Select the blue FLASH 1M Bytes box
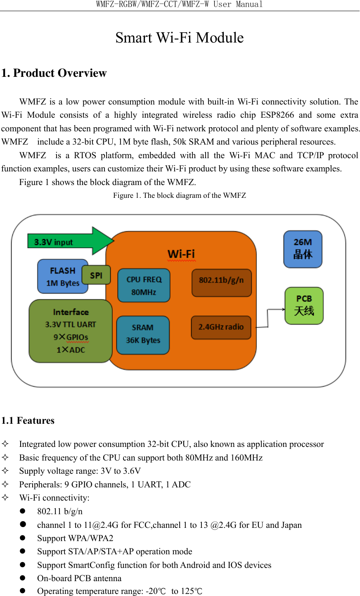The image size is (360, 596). (62, 277)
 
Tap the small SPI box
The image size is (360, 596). (96, 275)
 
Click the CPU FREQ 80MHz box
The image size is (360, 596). (144, 285)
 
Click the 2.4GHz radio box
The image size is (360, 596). (221, 327)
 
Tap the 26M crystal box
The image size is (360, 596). (303, 249)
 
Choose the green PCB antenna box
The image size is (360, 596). (304, 306)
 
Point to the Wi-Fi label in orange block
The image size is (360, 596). (181, 254)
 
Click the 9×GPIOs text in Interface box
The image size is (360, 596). (71, 337)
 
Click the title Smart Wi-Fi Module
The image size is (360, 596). (180, 38)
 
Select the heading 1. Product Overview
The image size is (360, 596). (54, 73)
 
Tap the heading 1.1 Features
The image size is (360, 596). (28, 420)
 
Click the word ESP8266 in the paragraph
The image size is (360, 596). (277, 115)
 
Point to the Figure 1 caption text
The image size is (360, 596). (180, 195)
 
